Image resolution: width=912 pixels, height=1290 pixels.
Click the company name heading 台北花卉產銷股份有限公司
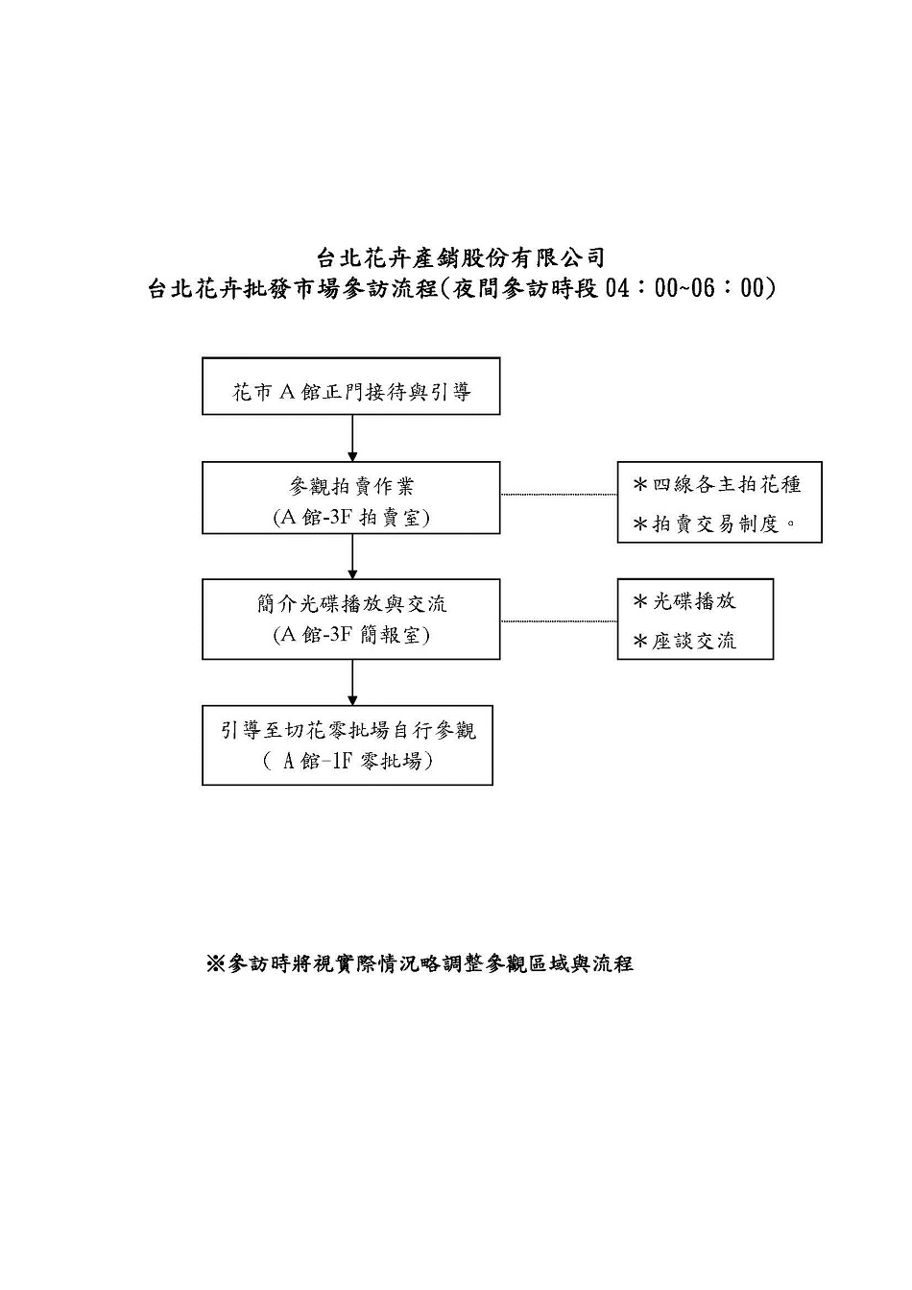tap(460, 257)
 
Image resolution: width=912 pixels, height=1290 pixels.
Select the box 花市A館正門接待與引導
tap(351, 386)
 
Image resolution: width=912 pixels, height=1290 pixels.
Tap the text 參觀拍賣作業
tap(351, 487)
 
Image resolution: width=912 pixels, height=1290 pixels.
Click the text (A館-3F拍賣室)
tap(351, 519)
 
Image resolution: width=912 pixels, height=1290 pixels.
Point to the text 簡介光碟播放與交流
tap(351, 604)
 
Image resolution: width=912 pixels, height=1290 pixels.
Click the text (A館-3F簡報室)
tap(351, 635)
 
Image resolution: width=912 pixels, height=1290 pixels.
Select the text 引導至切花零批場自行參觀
tap(348, 731)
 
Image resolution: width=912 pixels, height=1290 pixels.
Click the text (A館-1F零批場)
tap(348, 762)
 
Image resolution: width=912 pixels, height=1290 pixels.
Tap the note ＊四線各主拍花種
tap(716, 485)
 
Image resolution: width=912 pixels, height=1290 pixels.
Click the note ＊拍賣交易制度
tap(713, 524)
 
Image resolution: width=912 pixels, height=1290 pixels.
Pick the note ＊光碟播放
tap(684, 601)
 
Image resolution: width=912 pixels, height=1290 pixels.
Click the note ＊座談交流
tap(684, 641)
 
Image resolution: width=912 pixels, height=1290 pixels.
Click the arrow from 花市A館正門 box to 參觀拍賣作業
tap(352, 438)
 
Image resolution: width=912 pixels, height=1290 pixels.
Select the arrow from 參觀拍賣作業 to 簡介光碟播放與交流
tap(352, 556)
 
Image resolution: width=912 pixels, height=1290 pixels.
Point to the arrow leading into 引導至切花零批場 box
tap(352, 682)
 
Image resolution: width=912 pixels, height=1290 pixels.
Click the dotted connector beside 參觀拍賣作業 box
tap(559, 494)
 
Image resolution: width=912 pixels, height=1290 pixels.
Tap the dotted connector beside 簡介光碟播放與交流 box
tap(559, 621)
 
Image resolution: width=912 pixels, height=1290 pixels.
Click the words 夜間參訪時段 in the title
tap(525, 288)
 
